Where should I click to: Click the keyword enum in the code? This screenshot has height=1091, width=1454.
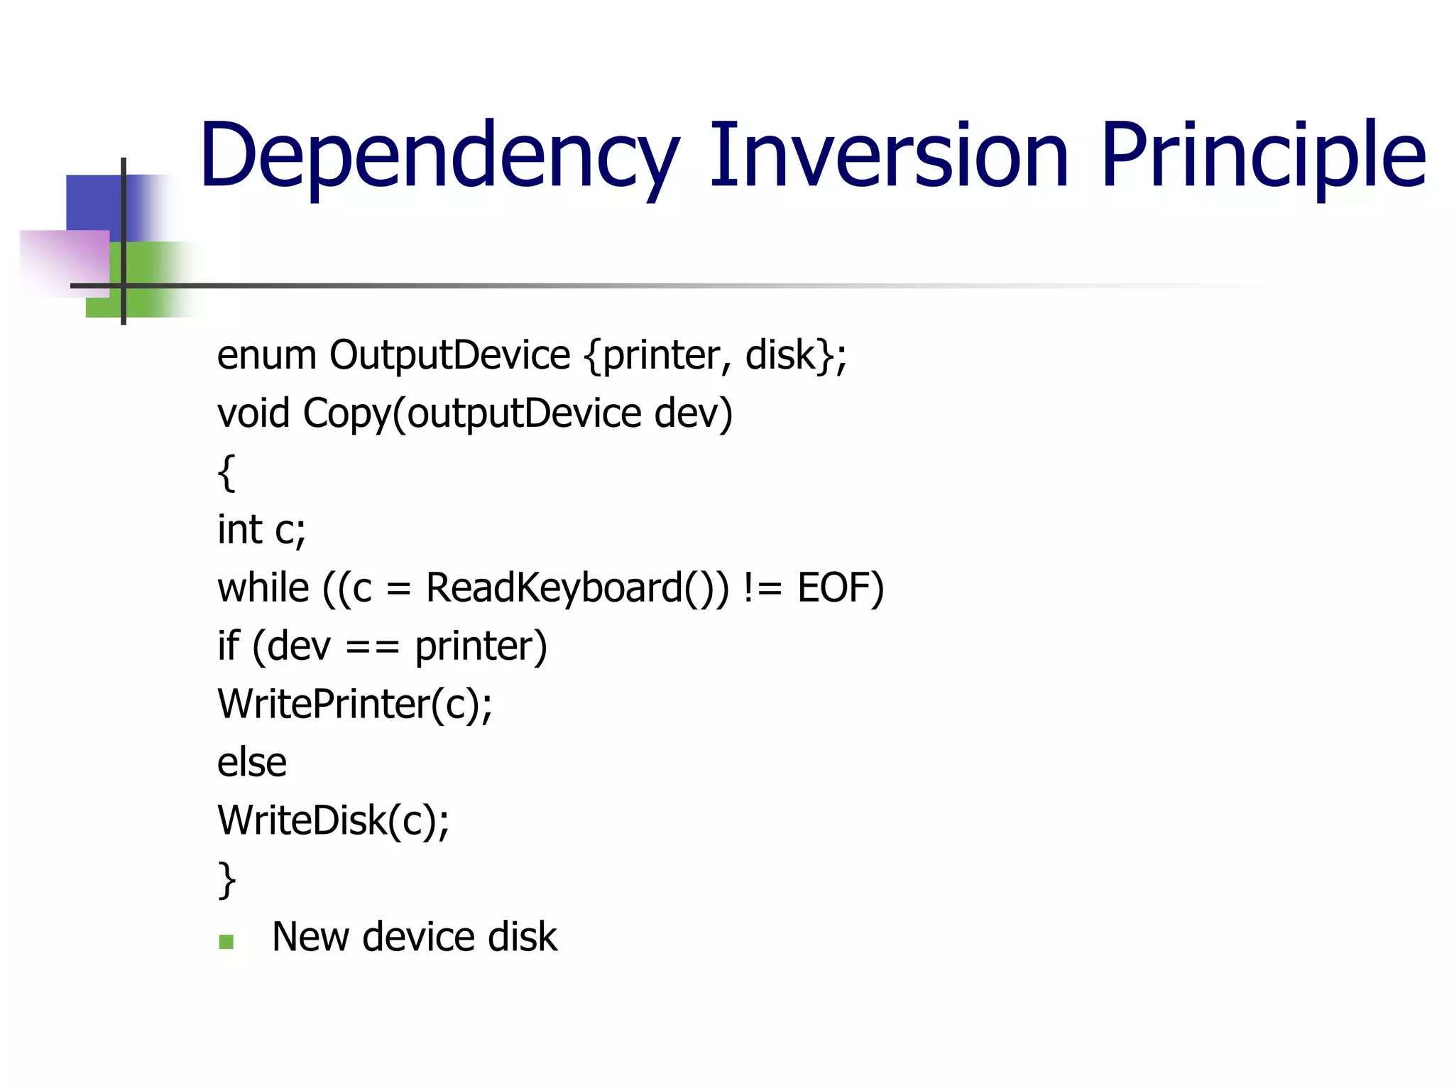[x=266, y=355]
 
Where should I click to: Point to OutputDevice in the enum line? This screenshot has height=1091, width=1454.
[x=449, y=355]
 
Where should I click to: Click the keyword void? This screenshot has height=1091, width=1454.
[x=253, y=413]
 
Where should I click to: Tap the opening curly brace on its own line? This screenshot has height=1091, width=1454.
[x=226, y=472]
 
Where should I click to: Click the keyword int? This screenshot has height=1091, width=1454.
[x=239, y=530]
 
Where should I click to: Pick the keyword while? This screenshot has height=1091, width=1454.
[x=263, y=588]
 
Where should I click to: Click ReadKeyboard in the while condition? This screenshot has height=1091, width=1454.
[x=554, y=588]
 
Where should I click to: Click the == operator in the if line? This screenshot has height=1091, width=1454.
[x=373, y=647]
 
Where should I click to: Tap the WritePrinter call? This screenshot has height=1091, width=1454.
[x=354, y=705]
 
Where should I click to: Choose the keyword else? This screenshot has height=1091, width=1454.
[x=252, y=763]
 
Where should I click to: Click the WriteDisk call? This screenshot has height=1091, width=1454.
[x=333, y=821]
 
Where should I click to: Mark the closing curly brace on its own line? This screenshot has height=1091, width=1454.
[x=226, y=880]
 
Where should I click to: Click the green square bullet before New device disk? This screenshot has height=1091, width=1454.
[x=226, y=942]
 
